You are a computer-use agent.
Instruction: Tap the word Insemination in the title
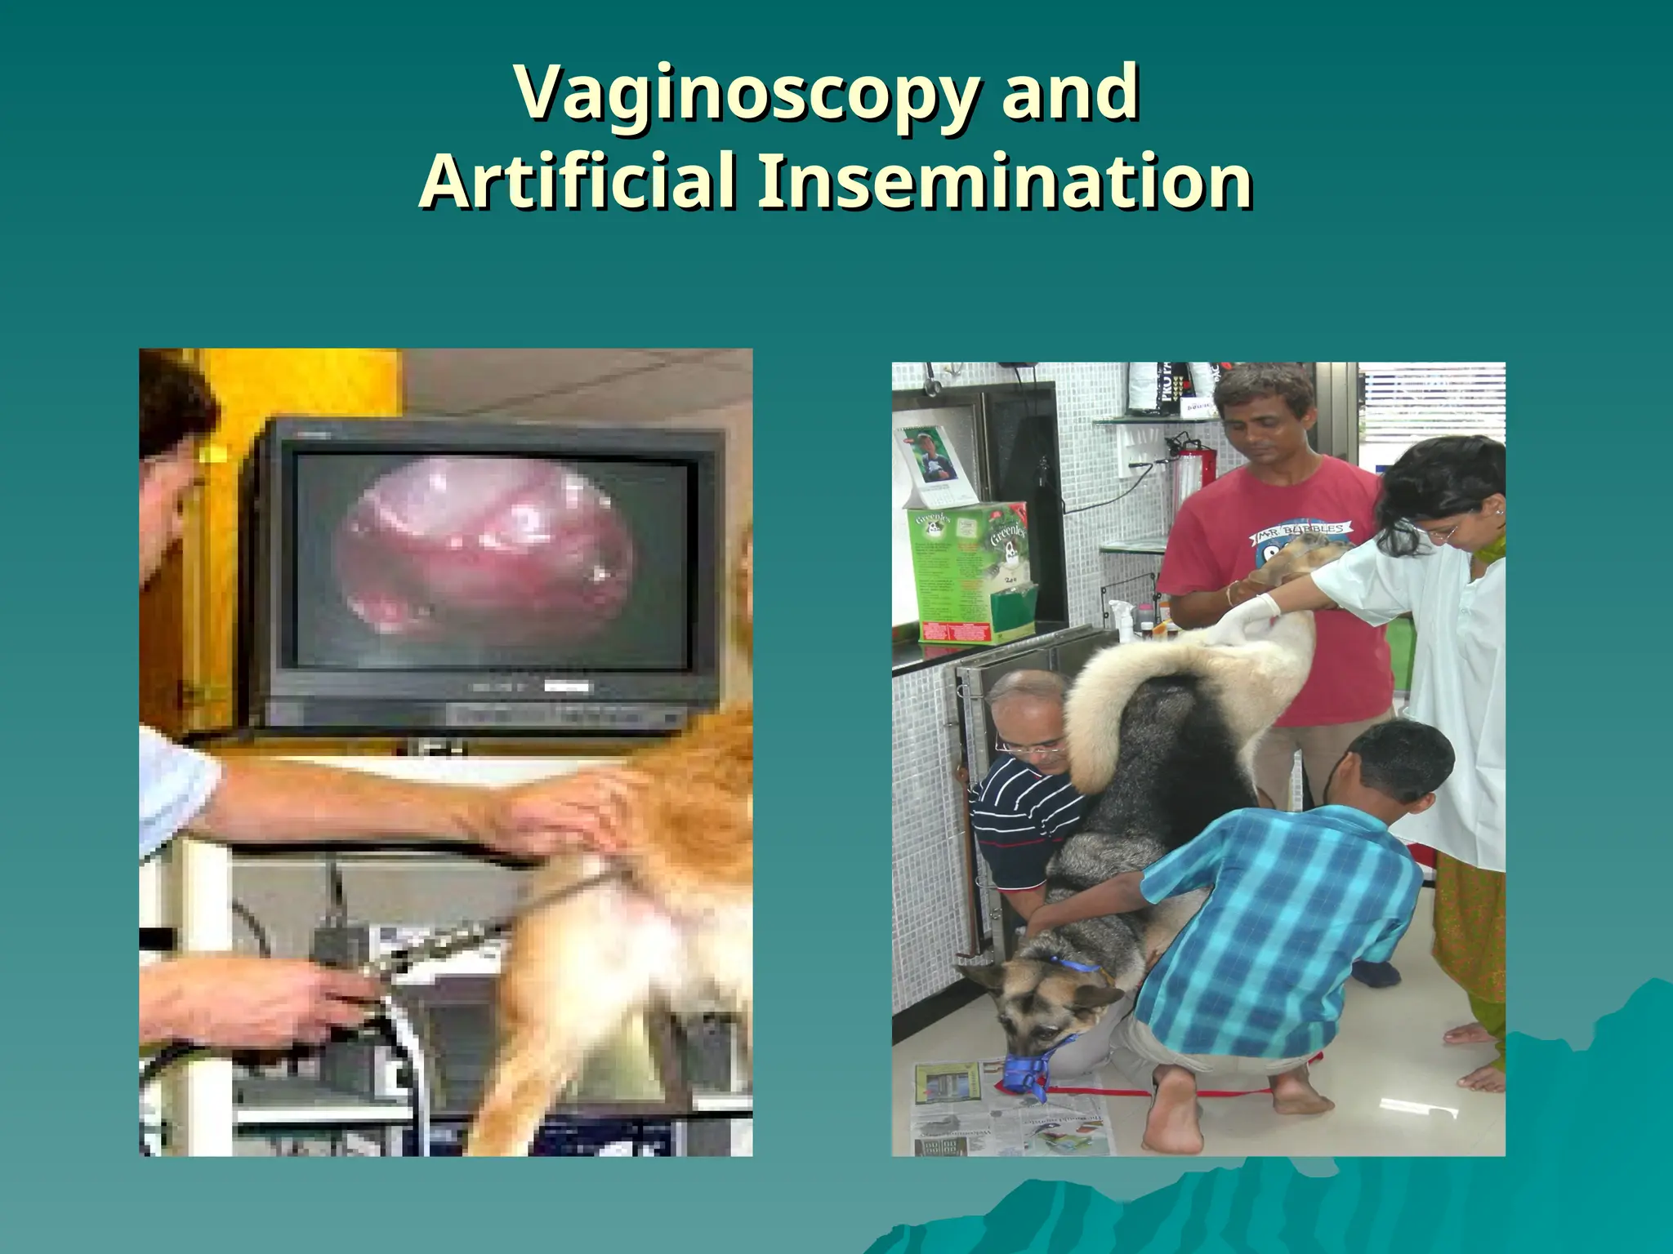coord(1005,181)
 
